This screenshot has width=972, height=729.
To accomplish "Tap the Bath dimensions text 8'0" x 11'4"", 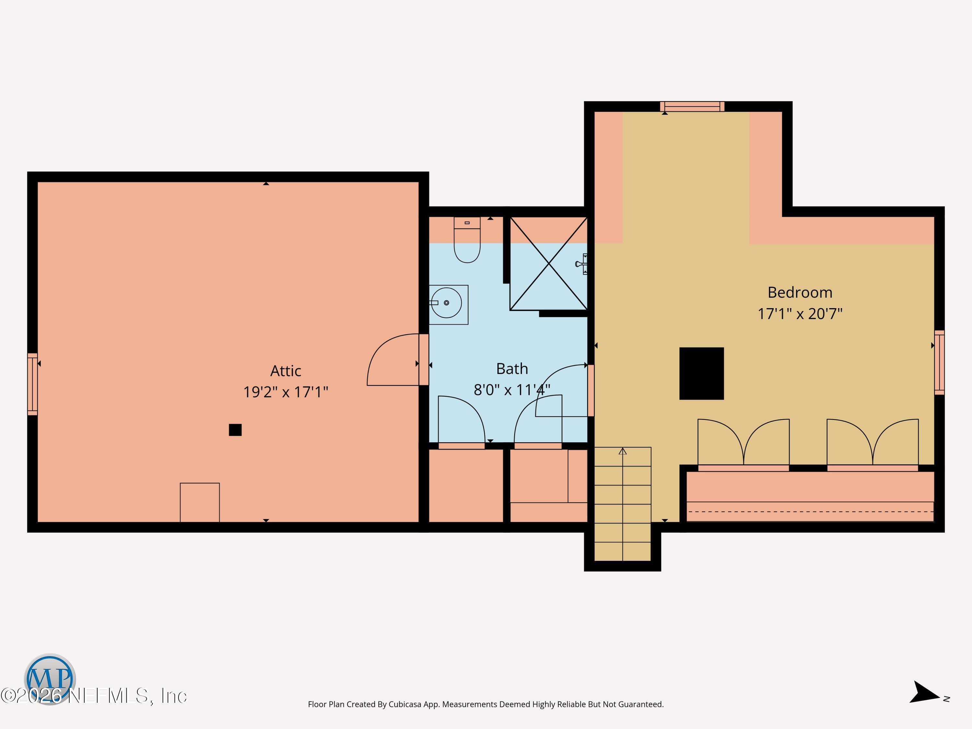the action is click(x=512, y=390).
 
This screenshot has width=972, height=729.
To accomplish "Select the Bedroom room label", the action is click(x=800, y=292).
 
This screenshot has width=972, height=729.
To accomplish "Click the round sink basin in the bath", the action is click(x=446, y=303).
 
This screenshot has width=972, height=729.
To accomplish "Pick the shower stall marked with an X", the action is click(x=549, y=264).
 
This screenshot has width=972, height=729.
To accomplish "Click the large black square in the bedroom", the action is click(x=701, y=374).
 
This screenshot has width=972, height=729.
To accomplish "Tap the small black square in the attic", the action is click(x=235, y=430).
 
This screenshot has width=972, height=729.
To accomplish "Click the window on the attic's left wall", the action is click(x=32, y=384).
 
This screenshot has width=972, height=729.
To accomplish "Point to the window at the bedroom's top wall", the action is click(x=692, y=106).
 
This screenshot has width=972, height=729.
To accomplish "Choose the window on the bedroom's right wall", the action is click(x=939, y=363).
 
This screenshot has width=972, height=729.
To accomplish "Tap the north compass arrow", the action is click(x=924, y=692).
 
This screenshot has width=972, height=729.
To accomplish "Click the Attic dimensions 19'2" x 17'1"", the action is click(x=286, y=391).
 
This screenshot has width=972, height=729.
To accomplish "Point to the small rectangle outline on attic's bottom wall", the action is click(x=200, y=503).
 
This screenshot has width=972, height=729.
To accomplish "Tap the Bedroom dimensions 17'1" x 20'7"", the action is click(x=800, y=314).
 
